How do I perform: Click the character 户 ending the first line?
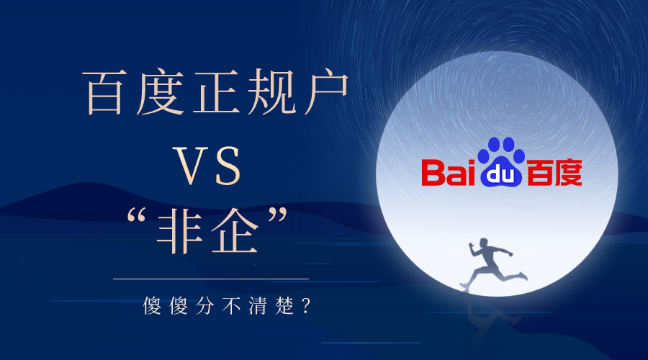(x=323, y=94)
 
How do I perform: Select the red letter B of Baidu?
(x=433, y=173)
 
